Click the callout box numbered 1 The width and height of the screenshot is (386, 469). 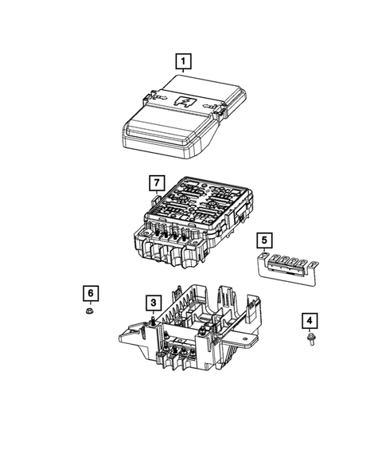pos(184,61)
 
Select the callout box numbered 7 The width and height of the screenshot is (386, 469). pos(156,184)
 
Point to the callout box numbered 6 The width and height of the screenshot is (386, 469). pos(91,293)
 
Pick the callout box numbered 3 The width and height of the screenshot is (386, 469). pos(152,302)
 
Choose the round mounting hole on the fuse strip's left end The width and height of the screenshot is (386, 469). pos(263,256)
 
